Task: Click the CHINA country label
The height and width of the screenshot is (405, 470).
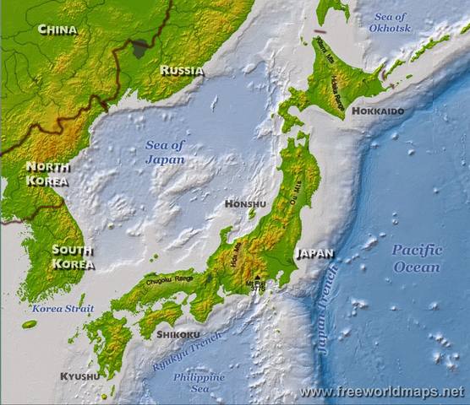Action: (x=57, y=30)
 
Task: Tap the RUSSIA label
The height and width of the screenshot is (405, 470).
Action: (x=182, y=71)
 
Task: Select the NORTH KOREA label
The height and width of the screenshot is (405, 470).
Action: (x=47, y=173)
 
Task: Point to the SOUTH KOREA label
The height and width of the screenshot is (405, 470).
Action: (x=73, y=256)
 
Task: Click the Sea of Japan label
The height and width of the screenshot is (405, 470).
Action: (x=165, y=151)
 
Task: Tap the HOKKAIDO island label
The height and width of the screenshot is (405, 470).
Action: (x=378, y=111)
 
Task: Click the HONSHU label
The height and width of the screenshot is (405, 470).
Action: (x=245, y=204)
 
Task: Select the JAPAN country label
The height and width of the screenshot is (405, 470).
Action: (x=314, y=253)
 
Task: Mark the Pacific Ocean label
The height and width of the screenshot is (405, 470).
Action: (x=417, y=258)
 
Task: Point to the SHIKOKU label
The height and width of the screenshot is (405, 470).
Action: (x=178, y=334)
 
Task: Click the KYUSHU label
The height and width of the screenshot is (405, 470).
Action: (x=79, y=375)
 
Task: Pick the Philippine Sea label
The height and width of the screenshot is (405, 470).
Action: (x=199, y=383)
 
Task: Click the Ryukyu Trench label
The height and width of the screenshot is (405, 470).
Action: (x=188, y=352)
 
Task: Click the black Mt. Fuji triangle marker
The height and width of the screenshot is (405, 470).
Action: (x=257, y=277)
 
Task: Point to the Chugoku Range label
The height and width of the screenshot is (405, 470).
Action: (x=168, y=281)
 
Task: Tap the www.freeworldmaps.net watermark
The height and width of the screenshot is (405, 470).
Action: (x=382, y=392)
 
